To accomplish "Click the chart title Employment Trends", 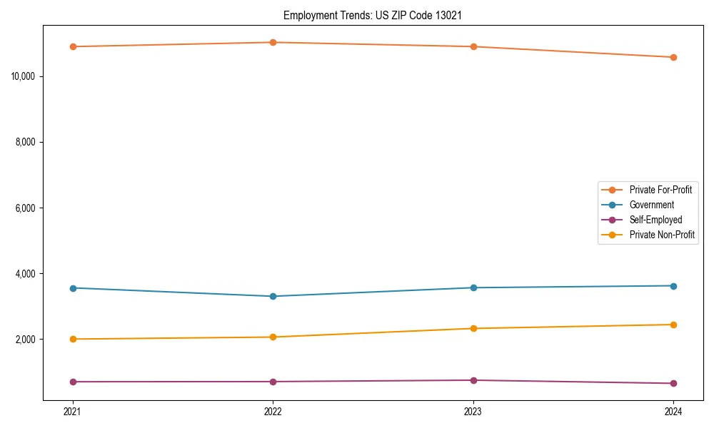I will coord(373,15).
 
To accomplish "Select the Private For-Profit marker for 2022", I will coord(273,42).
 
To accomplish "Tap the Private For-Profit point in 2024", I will coord(673,57).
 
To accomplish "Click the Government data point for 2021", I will coord(73,288).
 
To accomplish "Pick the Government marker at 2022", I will coord(273,296).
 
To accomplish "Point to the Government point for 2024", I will coord(673,286).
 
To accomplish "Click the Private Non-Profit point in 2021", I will coord(73,339).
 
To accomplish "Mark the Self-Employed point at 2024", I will coord(673,383).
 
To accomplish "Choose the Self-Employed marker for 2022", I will coord(273,382).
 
